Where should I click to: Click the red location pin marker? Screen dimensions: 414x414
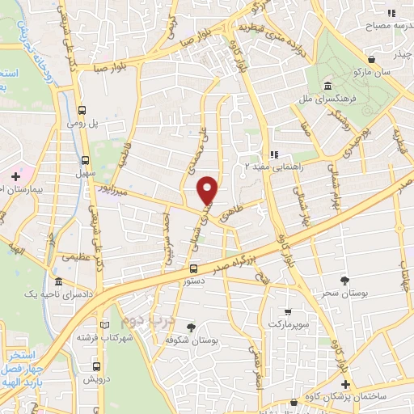coord(209,190)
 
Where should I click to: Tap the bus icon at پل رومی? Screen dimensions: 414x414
coord(82,112)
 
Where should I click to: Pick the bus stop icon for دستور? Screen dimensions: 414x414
coord(193,268)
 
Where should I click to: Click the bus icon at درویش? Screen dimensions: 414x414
coord(87,366)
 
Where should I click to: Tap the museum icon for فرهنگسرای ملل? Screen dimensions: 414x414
coord(327,87)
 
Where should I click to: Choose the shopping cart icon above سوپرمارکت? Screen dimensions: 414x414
coord(287,311)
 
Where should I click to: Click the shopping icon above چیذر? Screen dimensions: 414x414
coord(371,59)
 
